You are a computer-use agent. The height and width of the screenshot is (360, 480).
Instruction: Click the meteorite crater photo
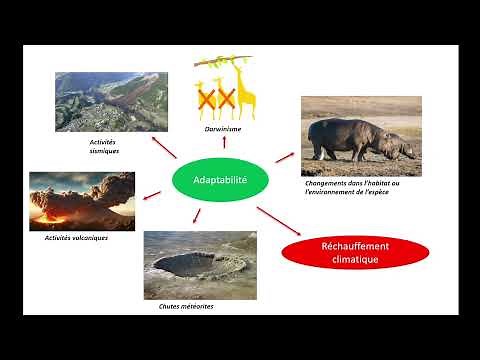(200, 265)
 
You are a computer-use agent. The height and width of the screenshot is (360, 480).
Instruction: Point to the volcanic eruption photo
(82, 201)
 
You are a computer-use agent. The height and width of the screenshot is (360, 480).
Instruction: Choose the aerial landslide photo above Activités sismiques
(110, 101)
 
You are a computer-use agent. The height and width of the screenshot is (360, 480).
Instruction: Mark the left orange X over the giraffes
(208, 98)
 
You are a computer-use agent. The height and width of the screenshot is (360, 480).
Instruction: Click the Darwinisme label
(223, 129)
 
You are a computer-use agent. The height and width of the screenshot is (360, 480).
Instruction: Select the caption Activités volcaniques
(76, 238)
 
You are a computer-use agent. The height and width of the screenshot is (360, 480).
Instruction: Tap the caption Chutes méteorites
(187, 307)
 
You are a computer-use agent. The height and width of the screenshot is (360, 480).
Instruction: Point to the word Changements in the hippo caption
(328, 183)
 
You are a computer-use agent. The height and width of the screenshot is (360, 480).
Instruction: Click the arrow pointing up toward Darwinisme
(224, 146)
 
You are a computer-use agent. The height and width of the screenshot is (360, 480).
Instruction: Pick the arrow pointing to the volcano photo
(153, 193)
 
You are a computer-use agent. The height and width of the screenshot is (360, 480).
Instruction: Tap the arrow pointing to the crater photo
(197, 216)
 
